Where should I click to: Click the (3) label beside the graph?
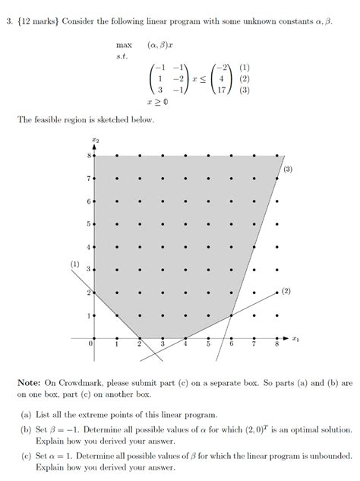[x=289, y=169]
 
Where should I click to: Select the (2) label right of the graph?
[x=286, y=290]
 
